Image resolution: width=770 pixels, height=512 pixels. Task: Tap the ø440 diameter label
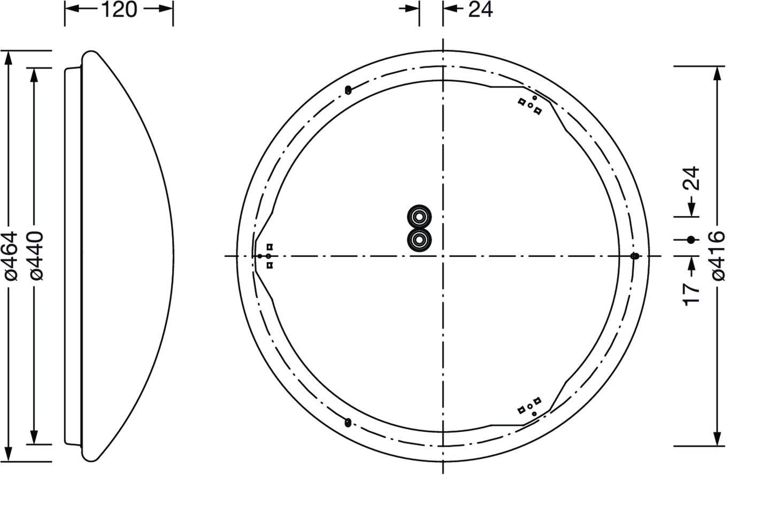(x=36, y=256)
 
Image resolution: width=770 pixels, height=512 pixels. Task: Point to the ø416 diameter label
(x=719, y=256)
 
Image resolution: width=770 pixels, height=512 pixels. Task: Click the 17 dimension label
(x=691, y=294)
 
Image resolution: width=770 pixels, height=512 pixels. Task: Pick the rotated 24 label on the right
(x=691, y=178)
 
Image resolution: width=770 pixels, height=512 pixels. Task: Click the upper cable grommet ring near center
(x=419, y=217)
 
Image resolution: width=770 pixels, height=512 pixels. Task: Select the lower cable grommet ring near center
(x=419, y=240)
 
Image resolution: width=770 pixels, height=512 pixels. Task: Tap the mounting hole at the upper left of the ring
(x=348, y=90)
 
